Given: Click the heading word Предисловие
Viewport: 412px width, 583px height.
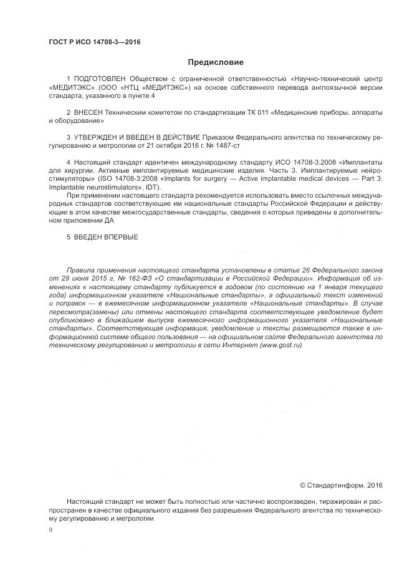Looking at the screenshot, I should [216, 62].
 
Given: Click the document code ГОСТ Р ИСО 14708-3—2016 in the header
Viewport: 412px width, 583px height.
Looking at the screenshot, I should [94, 42].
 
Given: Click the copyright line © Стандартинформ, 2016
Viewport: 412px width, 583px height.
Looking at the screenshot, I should [341, 484].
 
